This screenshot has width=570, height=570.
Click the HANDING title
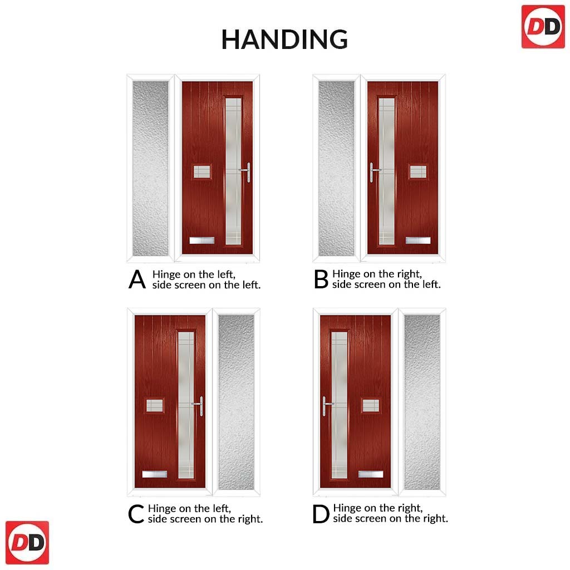pyautogui.click(x=284, y=40)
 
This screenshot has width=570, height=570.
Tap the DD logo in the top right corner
pyautogui.click(x=543, y=27)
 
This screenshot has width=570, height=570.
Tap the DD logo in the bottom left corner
pyautogui.click(x=27, y=543)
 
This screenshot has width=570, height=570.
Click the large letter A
pyautogui.click(x=137, y=279)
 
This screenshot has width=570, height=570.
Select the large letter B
pyautogui.click(x=321, y=279)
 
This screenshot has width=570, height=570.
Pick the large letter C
pyautogui.click(x=136, y=514)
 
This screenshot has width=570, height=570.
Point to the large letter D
pyautogui.click(x=321, y=514)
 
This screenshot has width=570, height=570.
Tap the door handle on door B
pyautogui.click(x=373, y=172)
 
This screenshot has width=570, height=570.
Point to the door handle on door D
pyautogui.click(x=326, y=406)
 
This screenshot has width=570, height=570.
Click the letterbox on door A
pyautogui.click(x=202, y=240)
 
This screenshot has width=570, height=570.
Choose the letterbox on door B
pyautogui.click(x=418, y=240)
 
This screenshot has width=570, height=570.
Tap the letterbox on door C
pyautogui.click(x=155, y=474)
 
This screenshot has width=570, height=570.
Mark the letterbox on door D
pyautogui.click(x=371, y=474)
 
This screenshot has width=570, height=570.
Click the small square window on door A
pyautogui.click(x=202, y=171)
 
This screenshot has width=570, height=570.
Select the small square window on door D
pyautogui.click(x=371, y=406)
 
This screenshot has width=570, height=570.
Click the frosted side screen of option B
pyautogui.click(x=336, y=168)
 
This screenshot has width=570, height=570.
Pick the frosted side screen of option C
pyautogui.click(x=236, y=402)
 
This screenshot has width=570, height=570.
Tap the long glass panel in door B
pyautogui.click(x=386, y=171)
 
